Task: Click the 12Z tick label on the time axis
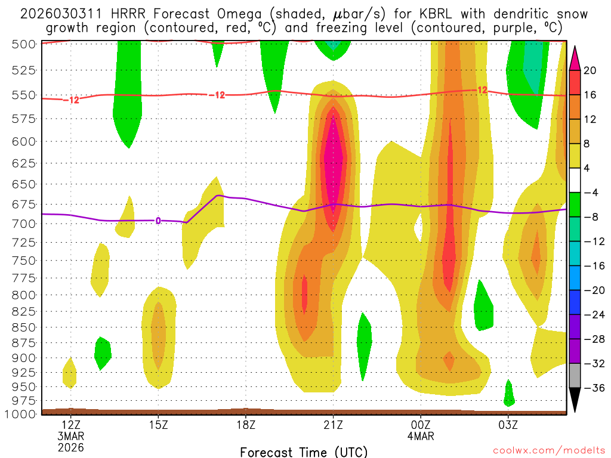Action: coord(70,425)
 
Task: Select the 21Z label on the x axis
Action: coord(333,425)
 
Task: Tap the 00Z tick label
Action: coord(421,425)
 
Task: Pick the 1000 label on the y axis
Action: coord(20,414)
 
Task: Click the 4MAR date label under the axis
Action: coord(421,436)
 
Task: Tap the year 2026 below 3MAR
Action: coord(70,447)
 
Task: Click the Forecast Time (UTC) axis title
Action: coord(304,451)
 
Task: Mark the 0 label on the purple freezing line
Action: coord(158,221)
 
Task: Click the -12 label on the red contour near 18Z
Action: coord(217,95)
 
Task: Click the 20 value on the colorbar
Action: coord(590,70)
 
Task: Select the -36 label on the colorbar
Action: coord(593,388)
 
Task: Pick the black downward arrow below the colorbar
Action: coord(575,400)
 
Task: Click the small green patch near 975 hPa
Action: coord(509,394)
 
